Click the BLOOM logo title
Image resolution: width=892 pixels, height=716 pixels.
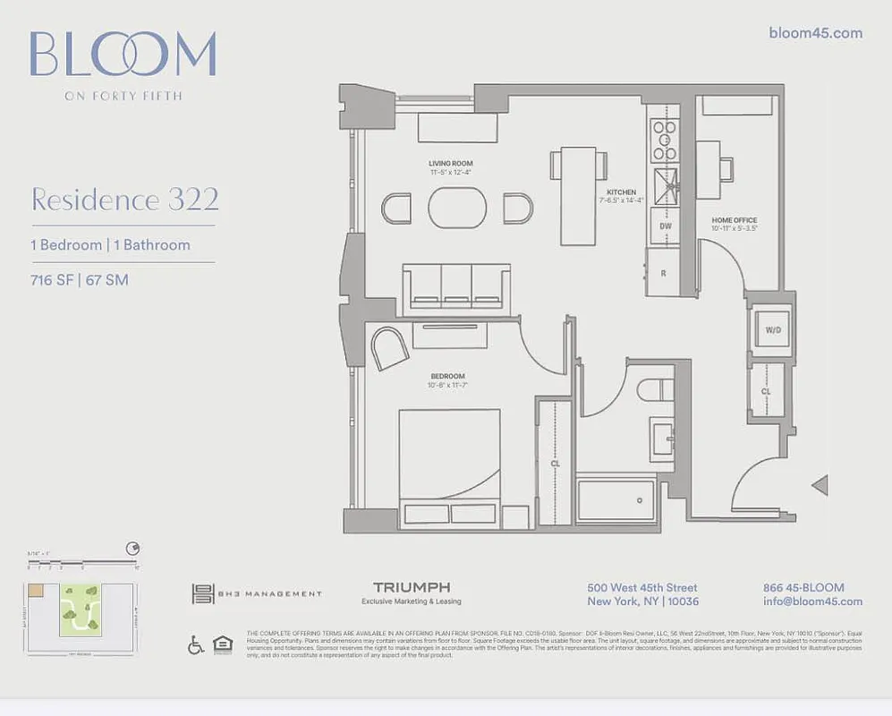coord(123,55)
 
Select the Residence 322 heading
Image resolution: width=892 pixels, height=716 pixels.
coord(124,200)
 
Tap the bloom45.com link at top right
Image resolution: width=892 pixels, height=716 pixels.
coord(815,33)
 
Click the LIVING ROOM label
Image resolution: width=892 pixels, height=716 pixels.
coord(449,165)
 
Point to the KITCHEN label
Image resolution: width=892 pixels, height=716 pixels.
coord(621,192)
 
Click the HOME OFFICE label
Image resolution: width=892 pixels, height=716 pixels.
coord(734,220)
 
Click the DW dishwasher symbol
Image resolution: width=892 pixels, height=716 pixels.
coord(666,226)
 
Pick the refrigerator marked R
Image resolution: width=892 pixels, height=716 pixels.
coord(662,272)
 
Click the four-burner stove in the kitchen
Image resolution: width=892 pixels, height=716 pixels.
coord(664,140)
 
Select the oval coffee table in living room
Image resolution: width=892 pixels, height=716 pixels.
coord(457,209)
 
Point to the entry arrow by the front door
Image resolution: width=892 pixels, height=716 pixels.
coord(820,486)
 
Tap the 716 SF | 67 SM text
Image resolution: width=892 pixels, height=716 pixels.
coord(80,280)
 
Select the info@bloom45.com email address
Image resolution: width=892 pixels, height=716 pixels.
coord(812,601)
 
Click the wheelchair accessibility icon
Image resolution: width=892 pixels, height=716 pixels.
coord(196,644)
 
